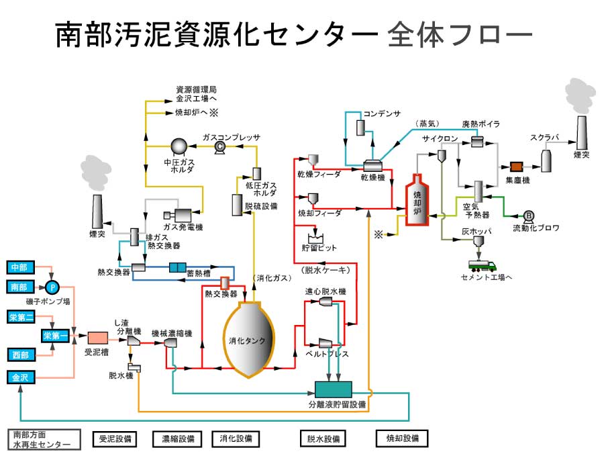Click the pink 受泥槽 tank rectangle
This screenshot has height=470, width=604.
click(98, 337)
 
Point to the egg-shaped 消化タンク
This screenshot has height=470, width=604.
click(248, 339)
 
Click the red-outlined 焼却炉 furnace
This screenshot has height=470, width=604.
click(417, 201)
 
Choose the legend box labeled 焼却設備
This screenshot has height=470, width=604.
click(401, 438)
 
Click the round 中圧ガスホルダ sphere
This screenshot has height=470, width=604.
click(179, 146)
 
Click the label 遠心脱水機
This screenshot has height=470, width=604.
click(325, 291)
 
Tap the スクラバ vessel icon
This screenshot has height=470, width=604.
click(547, 160)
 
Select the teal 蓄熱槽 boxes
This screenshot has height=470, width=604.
click(177, 267)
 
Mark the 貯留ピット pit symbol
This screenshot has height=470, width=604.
click(315, 237)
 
